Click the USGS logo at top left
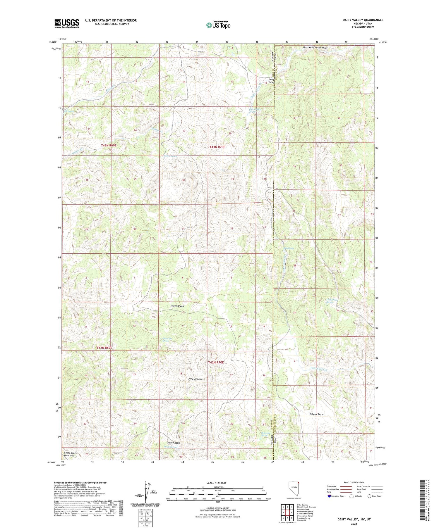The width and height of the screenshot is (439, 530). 67,23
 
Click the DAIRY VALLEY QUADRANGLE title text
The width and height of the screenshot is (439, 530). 363,20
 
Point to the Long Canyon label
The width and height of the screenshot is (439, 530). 177,306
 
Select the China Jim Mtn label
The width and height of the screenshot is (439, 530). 195,379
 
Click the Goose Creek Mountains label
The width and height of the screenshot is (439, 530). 70,454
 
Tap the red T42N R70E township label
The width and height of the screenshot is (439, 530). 216,362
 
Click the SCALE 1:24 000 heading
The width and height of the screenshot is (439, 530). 218,483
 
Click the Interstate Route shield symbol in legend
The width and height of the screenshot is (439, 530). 329,496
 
